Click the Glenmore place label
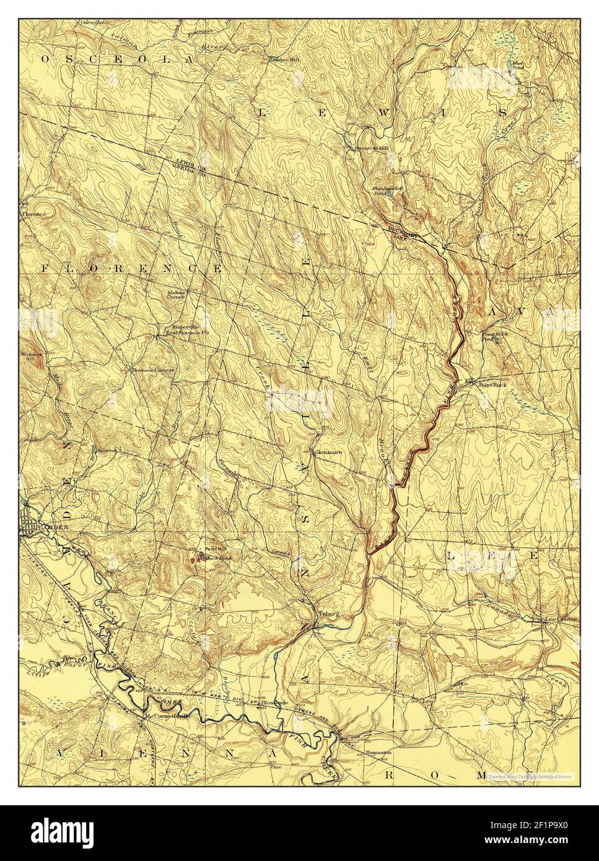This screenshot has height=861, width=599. click(328, 452)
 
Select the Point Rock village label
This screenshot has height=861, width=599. click(493, 385)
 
